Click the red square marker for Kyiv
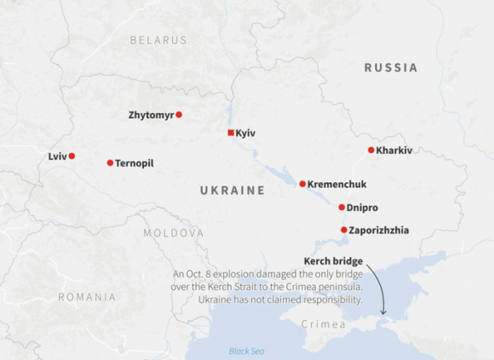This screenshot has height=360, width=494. tap(231, 133)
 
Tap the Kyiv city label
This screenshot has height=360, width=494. tap(245, 133)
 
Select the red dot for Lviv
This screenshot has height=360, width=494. tap(72, 156)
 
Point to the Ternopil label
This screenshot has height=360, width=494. tap(135, 163)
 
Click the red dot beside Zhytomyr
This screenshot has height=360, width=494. tap(179, 114)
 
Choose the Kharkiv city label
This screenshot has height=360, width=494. tap(394, 150)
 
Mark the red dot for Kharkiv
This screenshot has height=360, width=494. tap(371, 150)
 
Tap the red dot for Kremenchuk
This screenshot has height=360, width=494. tap(302, 184)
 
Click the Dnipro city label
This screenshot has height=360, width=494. tap(363, 207)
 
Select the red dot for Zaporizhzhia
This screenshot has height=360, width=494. tap(344, 230)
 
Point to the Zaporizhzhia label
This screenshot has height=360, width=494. tap(379, 230)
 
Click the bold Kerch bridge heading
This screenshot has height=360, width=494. tap(333, 260)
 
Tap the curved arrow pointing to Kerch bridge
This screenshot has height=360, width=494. tap(380, 294)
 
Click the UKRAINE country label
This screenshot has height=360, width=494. tap(233, 191)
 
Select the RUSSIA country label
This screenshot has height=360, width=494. tap(390, 67)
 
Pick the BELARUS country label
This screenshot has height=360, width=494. tap(158, 40)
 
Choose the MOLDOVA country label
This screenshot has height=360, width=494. tap(173, 232)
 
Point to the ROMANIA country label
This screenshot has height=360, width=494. tap(87, 297)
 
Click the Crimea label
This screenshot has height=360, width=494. tap(324, 324)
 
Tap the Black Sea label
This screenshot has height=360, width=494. tap(246, 351)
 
